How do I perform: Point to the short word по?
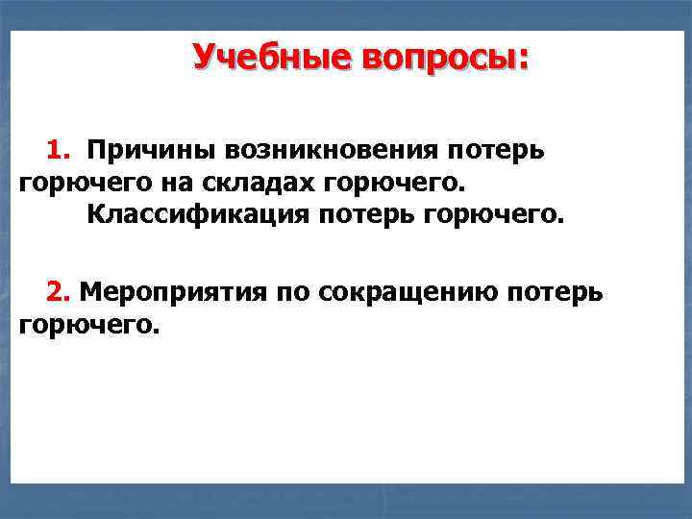pyautogui.click(x=290, y=291)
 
